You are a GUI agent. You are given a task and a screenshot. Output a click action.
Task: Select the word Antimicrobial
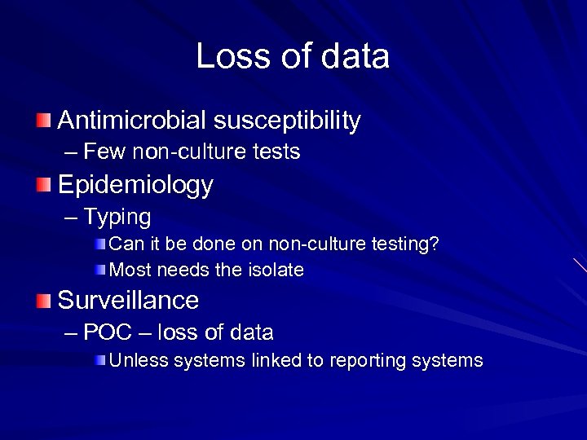132,121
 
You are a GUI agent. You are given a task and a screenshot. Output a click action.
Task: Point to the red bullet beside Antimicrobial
42,121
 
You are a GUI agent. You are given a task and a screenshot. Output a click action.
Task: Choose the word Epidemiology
135,186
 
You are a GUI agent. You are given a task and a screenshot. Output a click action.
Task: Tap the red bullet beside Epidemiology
42,186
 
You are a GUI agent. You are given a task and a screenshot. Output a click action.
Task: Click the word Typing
117,217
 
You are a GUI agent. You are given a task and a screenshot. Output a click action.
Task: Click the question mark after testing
435,244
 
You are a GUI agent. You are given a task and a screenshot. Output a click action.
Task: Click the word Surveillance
128,301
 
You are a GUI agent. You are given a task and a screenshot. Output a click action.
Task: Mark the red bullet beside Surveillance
42,301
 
